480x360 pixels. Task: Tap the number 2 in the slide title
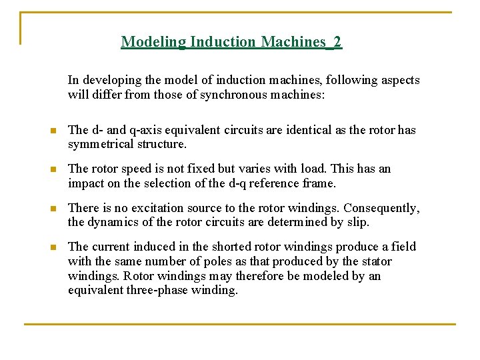click(337, 42)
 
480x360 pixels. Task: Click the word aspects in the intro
click(400, 80)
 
